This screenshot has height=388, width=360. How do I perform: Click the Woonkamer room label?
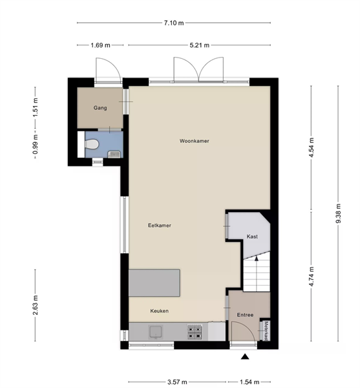195,141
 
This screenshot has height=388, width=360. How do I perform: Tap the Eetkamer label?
160,226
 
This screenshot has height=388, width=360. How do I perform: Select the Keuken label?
160,311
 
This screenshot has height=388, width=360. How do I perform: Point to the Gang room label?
100,108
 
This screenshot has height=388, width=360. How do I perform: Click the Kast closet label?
252,237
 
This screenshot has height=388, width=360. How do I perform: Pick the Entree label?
245,315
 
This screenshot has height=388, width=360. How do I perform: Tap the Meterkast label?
266,331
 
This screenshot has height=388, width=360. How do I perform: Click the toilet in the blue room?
92,144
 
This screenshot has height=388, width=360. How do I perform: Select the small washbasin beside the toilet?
114,155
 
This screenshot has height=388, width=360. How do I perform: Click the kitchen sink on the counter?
156,332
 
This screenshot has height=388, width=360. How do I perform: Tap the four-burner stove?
195,332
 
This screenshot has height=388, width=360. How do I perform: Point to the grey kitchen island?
154,283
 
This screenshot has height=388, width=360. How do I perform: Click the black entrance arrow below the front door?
245,356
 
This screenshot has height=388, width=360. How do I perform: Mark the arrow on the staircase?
257,271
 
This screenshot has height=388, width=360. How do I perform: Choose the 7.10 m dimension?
174,23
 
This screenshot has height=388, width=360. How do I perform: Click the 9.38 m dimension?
338,213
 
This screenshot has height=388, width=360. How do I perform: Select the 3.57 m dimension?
177,382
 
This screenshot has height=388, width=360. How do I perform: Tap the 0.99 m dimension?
36,144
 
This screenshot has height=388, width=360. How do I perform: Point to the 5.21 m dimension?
200,45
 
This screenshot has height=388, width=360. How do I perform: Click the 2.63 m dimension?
36,305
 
